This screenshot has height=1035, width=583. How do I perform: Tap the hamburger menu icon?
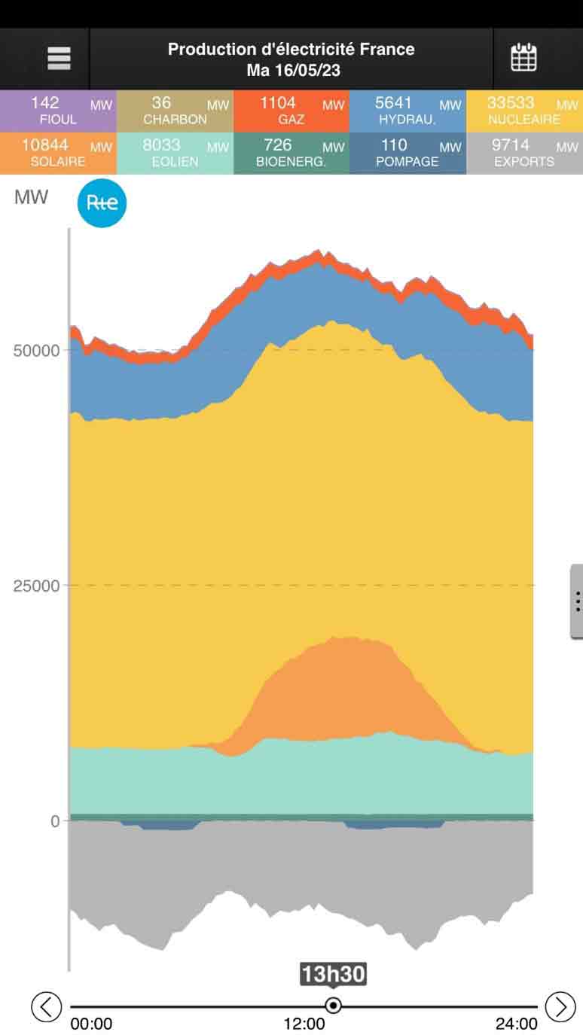click(x=59, y=59)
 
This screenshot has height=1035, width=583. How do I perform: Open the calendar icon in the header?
click(x=523, y=58)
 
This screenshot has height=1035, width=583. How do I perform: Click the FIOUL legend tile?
click(x=58, y=111)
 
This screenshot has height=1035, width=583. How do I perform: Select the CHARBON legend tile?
click(x=175, y=111)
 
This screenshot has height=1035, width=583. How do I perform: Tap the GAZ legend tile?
click(x=291, y=111)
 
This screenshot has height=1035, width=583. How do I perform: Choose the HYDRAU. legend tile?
click(x=407, y=111)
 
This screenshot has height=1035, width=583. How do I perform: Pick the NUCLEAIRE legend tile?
click(x=524, y=111)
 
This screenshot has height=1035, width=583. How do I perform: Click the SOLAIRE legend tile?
click(x=58, y=153)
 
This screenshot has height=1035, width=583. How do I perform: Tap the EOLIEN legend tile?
click(x=175, y=153)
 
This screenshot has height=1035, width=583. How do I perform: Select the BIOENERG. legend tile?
click(x=291, y=153)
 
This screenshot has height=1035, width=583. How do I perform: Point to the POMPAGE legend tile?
click(x=407, y=153)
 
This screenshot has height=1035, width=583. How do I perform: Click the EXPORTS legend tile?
click(x=524, y=153)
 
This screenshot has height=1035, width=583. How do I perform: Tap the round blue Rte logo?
click(x=102, y=203)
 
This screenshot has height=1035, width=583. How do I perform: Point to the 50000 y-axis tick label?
click(x=36, y=351)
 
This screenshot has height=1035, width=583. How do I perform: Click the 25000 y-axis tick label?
click(x=36, y=586)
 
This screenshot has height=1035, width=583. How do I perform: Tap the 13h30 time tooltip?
click(x=333, y=975)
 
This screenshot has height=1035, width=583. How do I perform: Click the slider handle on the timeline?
click(x=333, y=1006)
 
